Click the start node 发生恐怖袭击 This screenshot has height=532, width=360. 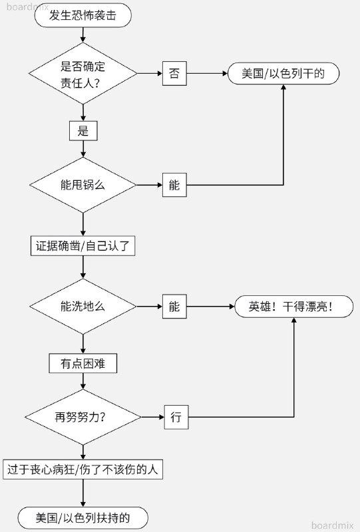(83, 15)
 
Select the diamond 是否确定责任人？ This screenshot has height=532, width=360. (83, 73)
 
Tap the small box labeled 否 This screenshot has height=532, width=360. (174, 73)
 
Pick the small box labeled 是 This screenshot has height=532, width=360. (83, 130)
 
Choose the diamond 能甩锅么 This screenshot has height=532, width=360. (83, 185)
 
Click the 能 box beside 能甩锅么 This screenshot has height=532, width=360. (174, 185)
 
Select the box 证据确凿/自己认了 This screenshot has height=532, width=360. (83, 246)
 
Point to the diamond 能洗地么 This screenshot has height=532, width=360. (83, 307)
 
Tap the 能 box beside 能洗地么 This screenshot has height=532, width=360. (174, 307)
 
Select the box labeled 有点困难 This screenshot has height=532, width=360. (83, 364)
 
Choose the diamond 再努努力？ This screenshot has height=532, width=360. (83, 418)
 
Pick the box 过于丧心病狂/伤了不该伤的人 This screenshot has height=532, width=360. (83, 469)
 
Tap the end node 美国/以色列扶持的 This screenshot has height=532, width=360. (83, 517)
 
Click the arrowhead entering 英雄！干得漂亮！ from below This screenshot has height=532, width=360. (293, 321)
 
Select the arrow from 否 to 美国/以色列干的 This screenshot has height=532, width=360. (206, 73)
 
